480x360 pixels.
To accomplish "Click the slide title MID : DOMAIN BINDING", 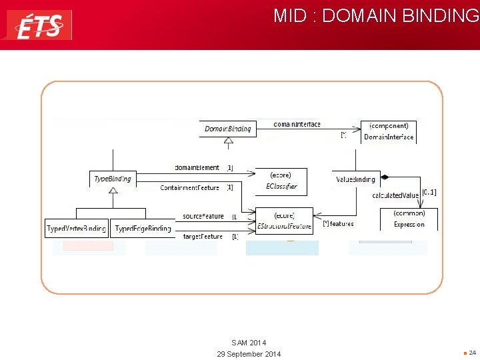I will (375, 16).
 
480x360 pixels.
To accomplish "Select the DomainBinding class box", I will (228, 129).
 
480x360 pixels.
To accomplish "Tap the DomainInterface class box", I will (389, 131).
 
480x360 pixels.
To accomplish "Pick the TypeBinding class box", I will (113, 179).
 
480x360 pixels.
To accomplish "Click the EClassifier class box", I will (281, 181).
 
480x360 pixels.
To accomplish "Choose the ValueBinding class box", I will (356, 179).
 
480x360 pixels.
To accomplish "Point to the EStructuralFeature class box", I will (284, 221).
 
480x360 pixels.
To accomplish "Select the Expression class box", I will (409, 219).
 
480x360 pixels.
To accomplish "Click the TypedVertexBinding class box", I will (76, 229).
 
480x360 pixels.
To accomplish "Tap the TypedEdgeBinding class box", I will (143, 229).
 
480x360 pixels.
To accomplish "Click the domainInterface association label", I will (297, 125).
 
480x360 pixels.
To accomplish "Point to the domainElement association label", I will (197, 168).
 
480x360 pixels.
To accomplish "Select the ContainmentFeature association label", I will (189, 188).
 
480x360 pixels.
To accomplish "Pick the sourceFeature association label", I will (203, 217).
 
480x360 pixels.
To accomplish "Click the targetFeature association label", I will (203, 237).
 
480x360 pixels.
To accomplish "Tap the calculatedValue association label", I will (395, 195).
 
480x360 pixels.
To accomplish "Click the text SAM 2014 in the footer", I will (249, 343).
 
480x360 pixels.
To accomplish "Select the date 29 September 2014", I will (249, 354).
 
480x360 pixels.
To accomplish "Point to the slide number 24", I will (472, 353).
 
